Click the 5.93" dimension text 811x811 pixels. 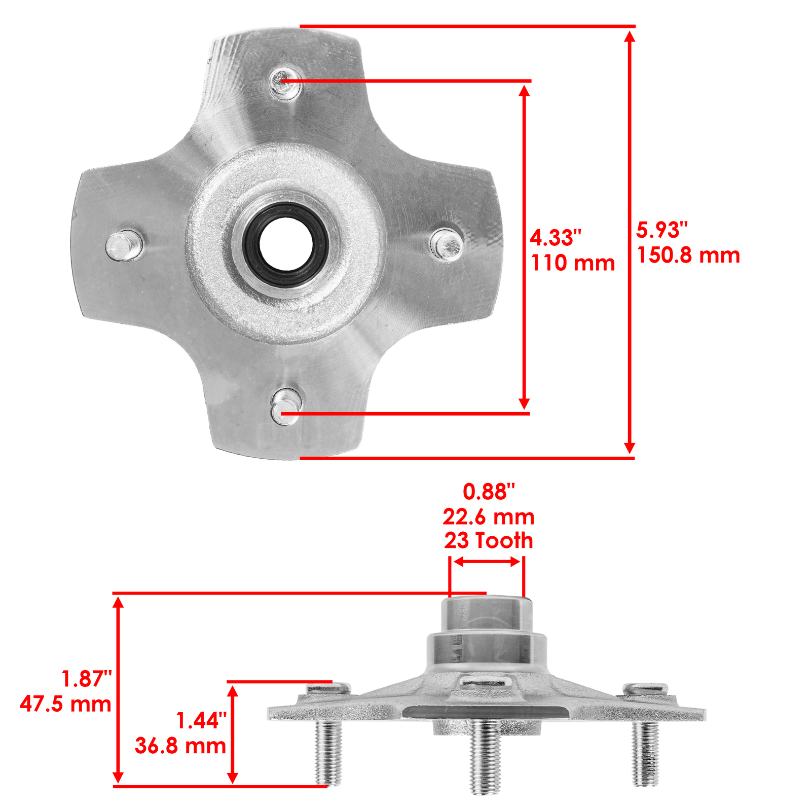point(662,231)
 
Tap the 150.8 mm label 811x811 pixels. point(688,255)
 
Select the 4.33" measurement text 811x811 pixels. point(556,238)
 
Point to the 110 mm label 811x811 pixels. point(573,263)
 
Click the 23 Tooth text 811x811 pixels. point(489,541)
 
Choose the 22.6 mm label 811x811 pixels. point(489,517)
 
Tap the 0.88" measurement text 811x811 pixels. point(489,492)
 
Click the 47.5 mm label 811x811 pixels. point(66,704)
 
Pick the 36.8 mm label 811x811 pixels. point(180,746)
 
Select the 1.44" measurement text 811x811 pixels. point(201,721)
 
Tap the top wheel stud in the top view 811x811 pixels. point(282,81)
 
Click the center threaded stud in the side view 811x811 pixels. point(485,755)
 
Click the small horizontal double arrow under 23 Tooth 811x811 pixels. point(487,562)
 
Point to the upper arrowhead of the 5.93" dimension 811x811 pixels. point(630,36)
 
